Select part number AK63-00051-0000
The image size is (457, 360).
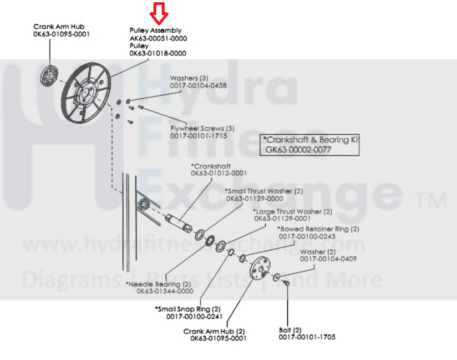click(158, 38)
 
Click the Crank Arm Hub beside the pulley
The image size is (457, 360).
click(50, 75)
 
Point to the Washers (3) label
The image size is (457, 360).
click(189, 78)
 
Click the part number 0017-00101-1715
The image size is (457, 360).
click(198, 135)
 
